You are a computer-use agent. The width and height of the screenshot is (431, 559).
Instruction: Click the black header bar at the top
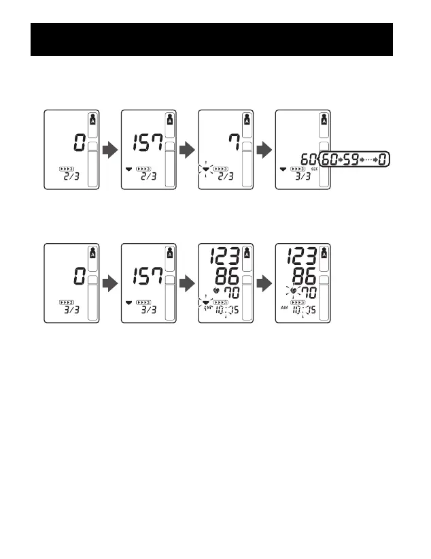tap(212, 39)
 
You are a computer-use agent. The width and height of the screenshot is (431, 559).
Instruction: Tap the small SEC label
tap(315, 169)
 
